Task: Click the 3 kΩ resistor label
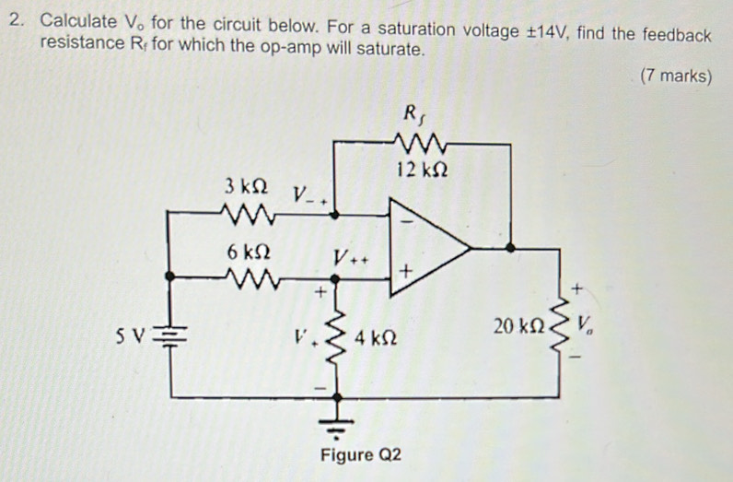pos(246,186)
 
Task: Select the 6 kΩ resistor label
pos(246,251)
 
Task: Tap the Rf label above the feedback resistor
pos(411,115)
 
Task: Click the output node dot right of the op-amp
pos(511,247)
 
